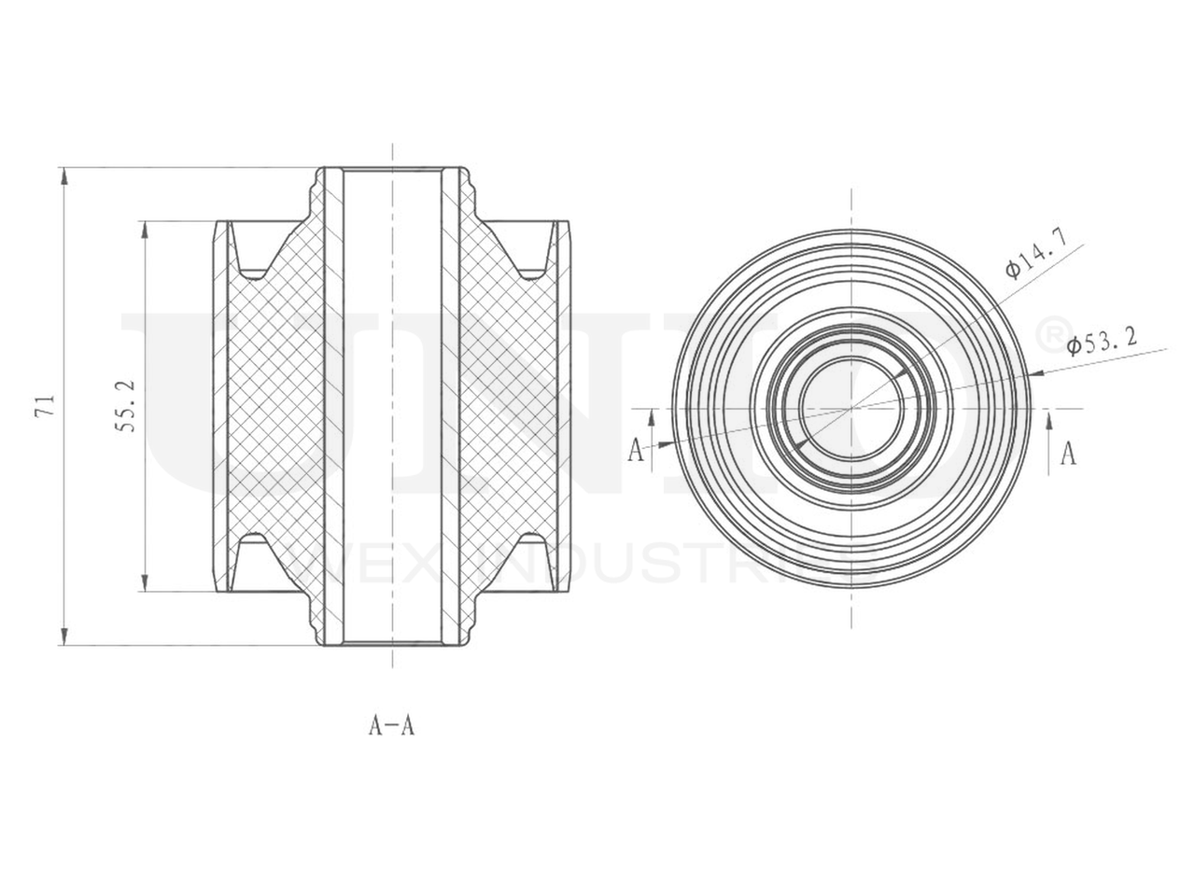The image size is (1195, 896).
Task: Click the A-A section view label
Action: pyautogui.click(x=391, y=725)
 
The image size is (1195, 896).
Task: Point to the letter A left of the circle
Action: pyautogui.click(x=636, y=451)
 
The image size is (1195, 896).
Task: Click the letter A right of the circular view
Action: pyautogui.click(x=1070, y=454)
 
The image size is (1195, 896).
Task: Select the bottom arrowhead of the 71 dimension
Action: pyautogui.click(x=63, y=637)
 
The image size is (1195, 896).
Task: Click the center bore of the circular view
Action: pyautogui.click(x=851, y=408)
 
